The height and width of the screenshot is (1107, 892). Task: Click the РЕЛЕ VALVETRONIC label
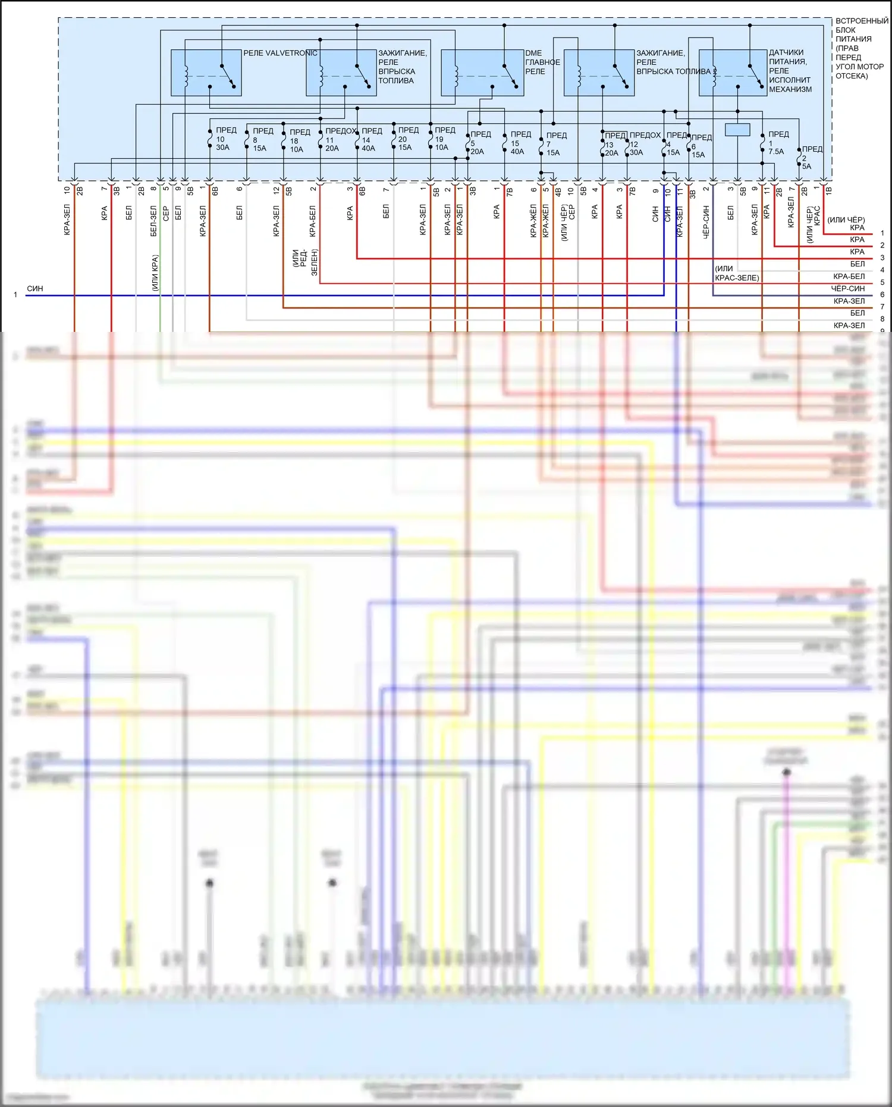(x=280, y=53)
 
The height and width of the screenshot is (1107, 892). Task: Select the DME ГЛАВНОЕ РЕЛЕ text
(x=542, y=62)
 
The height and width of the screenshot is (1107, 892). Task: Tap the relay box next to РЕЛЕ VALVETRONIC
(x=206, y=73)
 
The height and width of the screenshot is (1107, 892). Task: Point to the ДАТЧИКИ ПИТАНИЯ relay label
(x=790, y=71)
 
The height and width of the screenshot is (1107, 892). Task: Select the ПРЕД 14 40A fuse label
(x=370, y=139)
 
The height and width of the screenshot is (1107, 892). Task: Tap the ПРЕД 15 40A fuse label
(x=519, y=143)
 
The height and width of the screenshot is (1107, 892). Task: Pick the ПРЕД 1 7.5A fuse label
(x=777, y=143)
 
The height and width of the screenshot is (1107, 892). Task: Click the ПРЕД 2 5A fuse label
(x=811, y=158)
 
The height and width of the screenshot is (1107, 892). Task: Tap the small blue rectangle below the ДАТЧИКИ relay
(x=737, y=129)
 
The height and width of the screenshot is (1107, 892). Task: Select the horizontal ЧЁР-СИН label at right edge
(x=847, y=288)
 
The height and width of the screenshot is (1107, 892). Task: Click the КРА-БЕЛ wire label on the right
(x=849, y=277)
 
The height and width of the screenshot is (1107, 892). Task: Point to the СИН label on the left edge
(x=35, y=288)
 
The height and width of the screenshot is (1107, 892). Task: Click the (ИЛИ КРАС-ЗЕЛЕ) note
(x=737, y=273)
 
